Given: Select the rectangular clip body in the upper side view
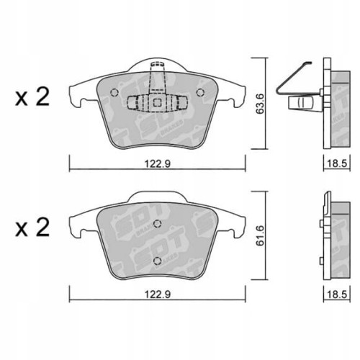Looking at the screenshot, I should (x=300, y=104).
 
